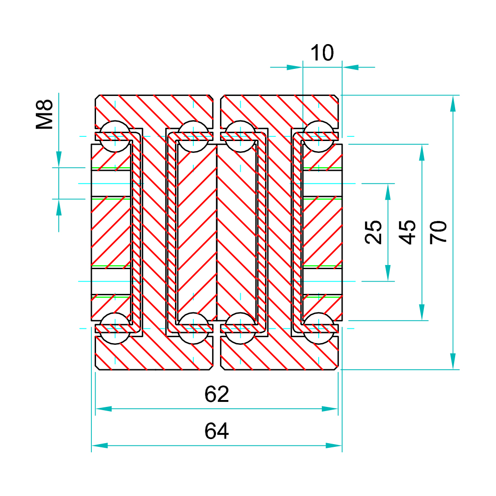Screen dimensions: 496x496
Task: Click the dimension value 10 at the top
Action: [x=322, y=53]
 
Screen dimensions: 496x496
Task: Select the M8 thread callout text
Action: [x=45, y=115]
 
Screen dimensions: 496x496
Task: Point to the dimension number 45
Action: [x=407, y=232]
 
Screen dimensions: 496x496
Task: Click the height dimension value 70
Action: [x=439, y=232]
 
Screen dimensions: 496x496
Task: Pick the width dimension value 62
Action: [x=217, y=394]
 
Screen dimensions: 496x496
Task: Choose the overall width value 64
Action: [x=217, y=431]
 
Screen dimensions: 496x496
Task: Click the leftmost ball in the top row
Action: [x=114, y=136]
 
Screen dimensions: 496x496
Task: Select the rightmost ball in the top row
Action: [x=319, y=136]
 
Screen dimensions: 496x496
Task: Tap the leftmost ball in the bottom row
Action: [x=114, y=328]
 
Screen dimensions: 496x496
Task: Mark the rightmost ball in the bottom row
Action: [x=319, y=328]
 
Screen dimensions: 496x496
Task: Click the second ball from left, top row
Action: [x=193, y=136]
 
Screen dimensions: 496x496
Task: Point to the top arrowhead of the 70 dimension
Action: [x=453, y=103]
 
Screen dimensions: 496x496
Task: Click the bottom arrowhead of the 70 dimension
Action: [x=453, y=362]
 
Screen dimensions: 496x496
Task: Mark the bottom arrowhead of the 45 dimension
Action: [x=422, y=313]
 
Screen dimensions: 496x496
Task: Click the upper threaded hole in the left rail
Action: [x=112, y=184]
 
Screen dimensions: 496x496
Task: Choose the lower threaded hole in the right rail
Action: [x=321, y=281]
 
